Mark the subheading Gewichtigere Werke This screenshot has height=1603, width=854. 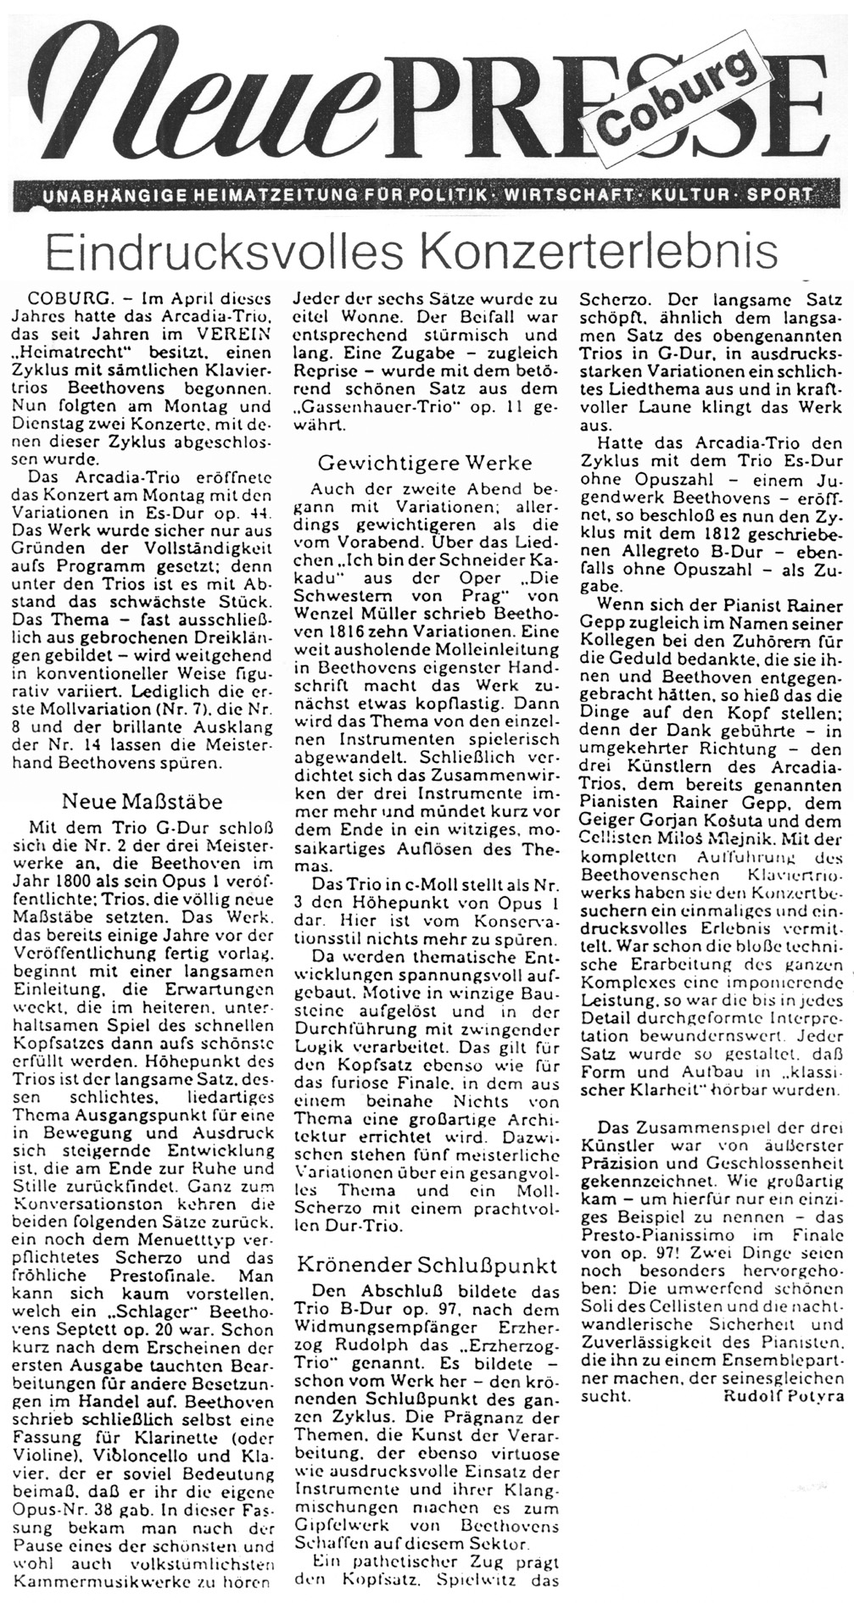coord(424,463)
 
